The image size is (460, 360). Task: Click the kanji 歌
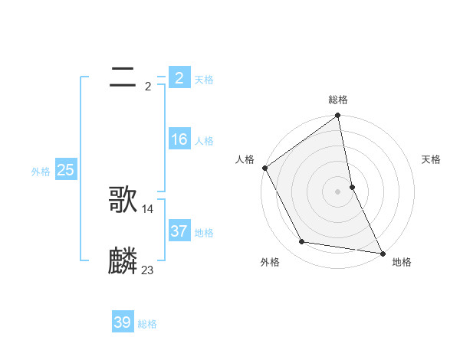point(123,200)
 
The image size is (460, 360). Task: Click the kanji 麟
point(123,261)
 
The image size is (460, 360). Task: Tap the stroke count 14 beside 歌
point(148,208)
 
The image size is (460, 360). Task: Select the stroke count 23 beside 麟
point(148,270)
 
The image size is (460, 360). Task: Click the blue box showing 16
point(179,139)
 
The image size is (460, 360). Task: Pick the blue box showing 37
point(179,231)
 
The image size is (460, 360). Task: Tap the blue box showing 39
point(123,322)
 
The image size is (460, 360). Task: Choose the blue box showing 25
point(65,170)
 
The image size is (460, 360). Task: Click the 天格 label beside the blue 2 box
point(204,79)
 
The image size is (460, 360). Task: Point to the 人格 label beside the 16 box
point(204,141)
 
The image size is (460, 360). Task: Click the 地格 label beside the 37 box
point(204,232)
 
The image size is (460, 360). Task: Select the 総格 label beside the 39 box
point(147,324)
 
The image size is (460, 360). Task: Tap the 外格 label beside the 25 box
point(41,172)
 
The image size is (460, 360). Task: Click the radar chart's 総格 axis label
point(338,100)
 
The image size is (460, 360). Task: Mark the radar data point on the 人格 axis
point(265,168)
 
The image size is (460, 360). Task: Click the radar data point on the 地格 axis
point(382,252)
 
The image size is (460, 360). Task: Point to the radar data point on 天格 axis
point(352,186)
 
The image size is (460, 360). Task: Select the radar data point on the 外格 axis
point(302,242)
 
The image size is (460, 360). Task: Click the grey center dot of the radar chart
point(338,191)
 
